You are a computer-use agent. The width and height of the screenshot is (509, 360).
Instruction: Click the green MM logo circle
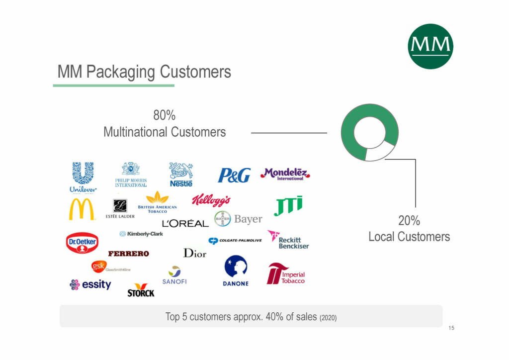pyautogui.click(x=430, y=46)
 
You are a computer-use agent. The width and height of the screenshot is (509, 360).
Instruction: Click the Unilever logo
pyautogui.click(x=83, y=177)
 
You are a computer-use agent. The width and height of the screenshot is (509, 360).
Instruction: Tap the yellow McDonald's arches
pyautogui.click(x=81, y=209)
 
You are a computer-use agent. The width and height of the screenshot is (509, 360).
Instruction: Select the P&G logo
pyautogui.click(x=234, y=175)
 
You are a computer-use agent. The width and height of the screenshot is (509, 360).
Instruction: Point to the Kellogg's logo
pyautogui.click(x=211, y=200)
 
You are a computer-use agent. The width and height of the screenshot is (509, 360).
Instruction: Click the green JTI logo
pyautogui.click(x=288, y=205)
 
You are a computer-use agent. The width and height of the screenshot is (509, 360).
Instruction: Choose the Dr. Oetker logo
pyautogui.click(x=82, y=243)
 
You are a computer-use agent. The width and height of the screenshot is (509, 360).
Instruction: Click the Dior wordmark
pyautogui.click(x=195, y=253)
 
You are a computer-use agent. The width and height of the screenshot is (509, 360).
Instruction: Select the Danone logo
pyautogui.click(x=236, y=270)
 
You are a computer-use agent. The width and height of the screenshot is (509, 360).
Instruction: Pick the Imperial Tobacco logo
pyautogui.click(x=286, y=274)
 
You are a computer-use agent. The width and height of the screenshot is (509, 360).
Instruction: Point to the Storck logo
pyautogui.click(x=141, y=290)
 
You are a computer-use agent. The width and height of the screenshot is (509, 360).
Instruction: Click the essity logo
pyautogui.click(x=90, y=284)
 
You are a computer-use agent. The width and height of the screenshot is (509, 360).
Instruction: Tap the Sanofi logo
pyautogui.click(x=174, y=275)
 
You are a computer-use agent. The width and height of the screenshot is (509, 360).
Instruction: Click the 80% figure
pyautogui.click(x=164, y=115)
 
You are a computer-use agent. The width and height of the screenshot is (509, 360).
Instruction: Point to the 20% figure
pyautogui.click(x=409, y=220)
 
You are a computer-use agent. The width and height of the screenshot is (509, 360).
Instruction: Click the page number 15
pyautogui.click(x=451, y=328)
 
